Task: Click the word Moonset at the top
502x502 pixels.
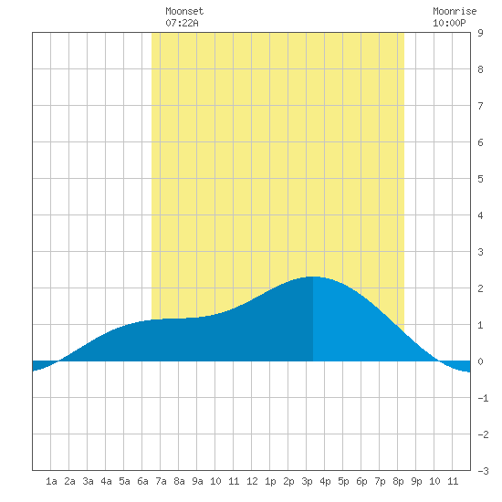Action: click(184, 11)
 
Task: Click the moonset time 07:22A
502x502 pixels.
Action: click(182, 23)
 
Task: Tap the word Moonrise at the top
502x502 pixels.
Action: click(455, 11)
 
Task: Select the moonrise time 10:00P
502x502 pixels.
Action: click(449, 23)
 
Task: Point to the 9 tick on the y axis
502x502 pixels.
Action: click(480, 33)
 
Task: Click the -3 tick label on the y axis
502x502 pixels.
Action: click(483, 471)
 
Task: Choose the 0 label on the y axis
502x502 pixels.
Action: click(480, 361)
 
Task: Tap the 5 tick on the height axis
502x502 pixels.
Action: click(480, 179)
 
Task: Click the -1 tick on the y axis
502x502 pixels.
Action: click(483, 398)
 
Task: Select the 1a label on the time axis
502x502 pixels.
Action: click(51, 481)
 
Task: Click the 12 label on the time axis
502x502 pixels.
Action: click(252, 481)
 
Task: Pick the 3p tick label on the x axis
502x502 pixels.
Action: click(307, 481)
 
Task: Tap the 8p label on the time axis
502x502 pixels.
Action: click(398, 481)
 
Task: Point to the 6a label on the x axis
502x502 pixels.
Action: click(142, 481)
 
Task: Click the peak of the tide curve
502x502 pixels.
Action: click(313, 277)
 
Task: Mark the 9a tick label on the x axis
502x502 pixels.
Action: click(197, 481)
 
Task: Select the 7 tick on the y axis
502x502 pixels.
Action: click(480, 106)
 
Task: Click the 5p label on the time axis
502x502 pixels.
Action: click(343, 481)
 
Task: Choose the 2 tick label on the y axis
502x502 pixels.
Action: click(480, 288)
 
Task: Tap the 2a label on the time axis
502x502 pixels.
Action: click(69, 481)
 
